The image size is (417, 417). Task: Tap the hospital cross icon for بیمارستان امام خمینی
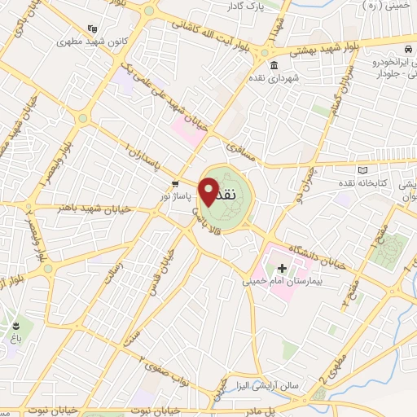tap(283, 268)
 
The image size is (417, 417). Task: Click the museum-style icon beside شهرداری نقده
tap(272, 65)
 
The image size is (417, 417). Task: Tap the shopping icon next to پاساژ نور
tap(175, 183)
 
